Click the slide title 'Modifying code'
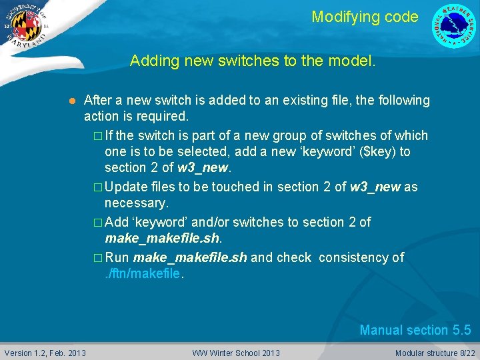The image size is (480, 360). pos(365,17)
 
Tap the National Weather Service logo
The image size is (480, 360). pos(455,26)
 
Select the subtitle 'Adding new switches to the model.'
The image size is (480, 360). pos(253,61)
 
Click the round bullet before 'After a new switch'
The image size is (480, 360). pos(71,101)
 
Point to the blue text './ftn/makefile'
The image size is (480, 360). pos(142,273)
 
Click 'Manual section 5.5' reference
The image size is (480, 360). pos(415,330)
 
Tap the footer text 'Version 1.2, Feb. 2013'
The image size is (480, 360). pos(45,353)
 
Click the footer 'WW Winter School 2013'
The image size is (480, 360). pos(236,353)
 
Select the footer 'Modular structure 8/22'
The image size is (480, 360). pos(435,353)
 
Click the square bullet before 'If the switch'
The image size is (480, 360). pos(98,136)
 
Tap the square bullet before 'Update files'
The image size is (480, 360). pos(98,187)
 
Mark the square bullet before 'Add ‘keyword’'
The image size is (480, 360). pos(98,222)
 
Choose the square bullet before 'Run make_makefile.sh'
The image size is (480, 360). pos(98,258)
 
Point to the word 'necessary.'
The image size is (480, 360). pos(136,203)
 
